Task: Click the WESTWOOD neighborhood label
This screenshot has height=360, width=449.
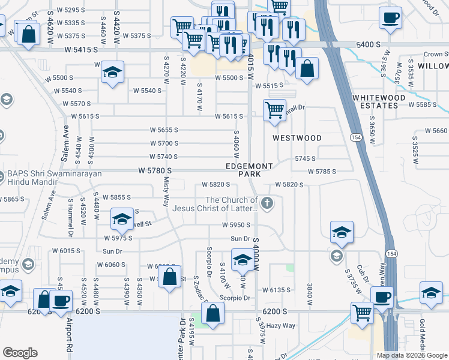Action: tap(297, 137)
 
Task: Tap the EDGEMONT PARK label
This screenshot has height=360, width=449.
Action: tap(249, 170)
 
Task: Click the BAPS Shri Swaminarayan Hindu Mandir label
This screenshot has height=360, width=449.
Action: tap(54, 179)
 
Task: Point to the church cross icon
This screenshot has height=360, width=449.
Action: tap(268, 205)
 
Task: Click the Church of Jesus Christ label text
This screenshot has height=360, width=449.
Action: tap(215, 205)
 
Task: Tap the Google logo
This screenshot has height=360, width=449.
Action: tap(20, 353)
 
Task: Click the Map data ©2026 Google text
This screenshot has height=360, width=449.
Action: tap(412, 355)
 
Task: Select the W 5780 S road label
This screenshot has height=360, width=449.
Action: tap(159, 171)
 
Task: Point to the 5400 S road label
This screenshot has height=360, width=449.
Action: tap(369, 45)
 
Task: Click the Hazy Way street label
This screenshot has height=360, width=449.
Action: tap(281, 325)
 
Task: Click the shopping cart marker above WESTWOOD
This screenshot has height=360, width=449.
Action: tap(275, 110)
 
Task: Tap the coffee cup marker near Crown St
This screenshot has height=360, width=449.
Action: tap(391, 18)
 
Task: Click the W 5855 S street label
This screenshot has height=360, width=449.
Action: tap(116, 197)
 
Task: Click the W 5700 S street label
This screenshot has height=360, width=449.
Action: tap(164, 143)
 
